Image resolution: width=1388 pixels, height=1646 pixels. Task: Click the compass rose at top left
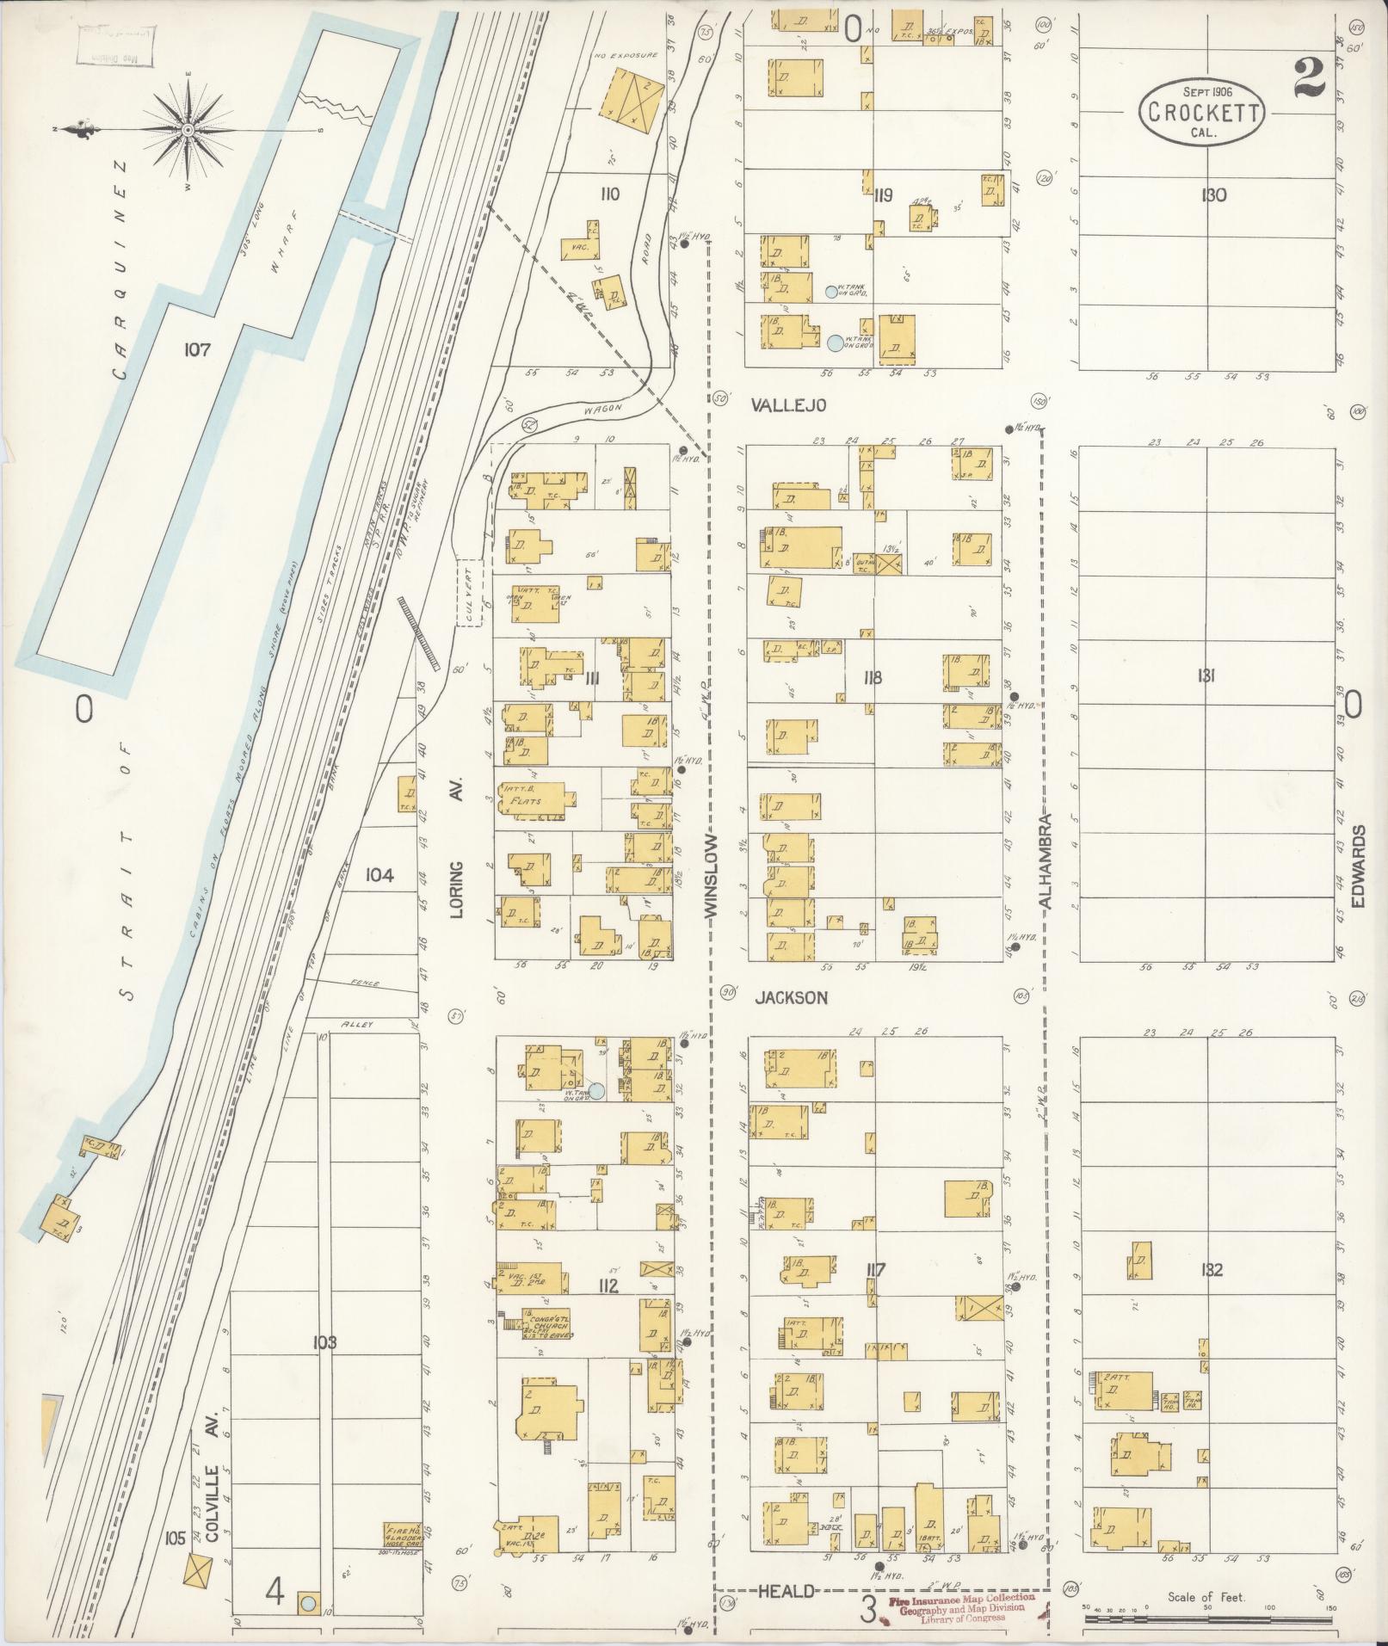(187, 130)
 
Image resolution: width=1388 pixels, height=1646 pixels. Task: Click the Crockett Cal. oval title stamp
(1201, 112)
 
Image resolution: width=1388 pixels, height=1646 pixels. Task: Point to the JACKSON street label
(792, 998)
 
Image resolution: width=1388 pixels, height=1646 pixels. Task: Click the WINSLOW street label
(711, 878)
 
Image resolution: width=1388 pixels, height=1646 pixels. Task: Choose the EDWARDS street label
(1359, 866)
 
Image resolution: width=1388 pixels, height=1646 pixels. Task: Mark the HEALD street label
(786, 1592)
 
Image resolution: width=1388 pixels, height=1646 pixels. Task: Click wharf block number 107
(197, 349)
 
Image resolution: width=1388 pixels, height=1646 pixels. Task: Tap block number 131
(1205, 676)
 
